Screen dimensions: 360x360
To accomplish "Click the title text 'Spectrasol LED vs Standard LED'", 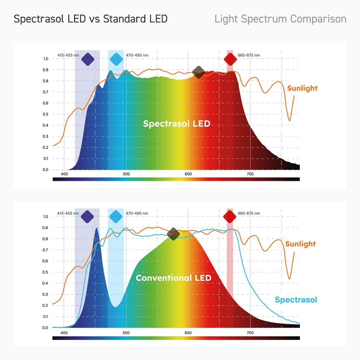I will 91,19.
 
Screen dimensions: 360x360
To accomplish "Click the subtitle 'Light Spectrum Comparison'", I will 280,19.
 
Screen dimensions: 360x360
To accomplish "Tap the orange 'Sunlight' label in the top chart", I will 302,88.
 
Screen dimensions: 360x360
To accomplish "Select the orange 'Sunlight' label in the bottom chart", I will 301,244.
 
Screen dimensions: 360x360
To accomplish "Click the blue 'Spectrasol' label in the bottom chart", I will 296,300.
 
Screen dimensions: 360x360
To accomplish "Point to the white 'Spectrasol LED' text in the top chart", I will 177,124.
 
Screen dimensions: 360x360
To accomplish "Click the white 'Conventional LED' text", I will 174,278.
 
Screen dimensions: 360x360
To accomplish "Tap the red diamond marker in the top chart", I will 230,59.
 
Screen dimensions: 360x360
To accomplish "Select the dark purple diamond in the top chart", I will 88,59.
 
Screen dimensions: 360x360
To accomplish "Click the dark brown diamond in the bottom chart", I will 174,234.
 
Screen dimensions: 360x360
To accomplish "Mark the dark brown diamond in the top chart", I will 199,72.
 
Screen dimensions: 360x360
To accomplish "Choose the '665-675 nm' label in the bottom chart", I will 249,213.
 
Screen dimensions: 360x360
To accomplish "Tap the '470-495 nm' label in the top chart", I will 137,55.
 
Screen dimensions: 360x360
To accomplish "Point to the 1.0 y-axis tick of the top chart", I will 46,59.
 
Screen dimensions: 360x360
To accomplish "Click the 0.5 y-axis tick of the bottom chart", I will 46,272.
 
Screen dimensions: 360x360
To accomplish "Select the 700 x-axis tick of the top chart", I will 250,174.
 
